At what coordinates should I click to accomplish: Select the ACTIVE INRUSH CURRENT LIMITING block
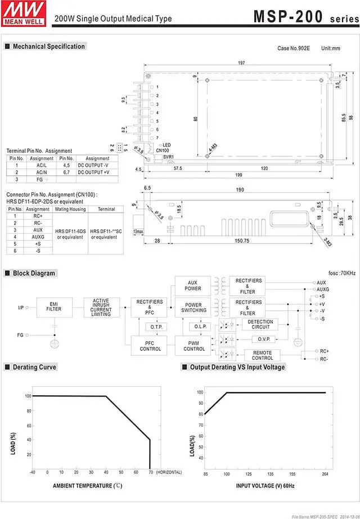point(101,307)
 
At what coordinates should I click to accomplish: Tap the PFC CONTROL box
point(149,345)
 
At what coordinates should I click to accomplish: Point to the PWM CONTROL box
point(194,345)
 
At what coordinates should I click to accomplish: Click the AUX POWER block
point(193,285)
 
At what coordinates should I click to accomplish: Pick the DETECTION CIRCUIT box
point(260,323)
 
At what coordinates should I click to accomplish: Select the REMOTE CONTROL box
point(262,355)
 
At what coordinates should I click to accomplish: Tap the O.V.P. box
point(264,339)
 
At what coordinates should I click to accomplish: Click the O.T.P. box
point(155,326)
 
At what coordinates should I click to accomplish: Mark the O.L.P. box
point(200,326)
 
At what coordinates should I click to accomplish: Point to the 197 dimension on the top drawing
point(241,62)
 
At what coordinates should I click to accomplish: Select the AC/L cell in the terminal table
point(42,165)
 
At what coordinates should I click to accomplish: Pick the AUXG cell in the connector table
point(38,237)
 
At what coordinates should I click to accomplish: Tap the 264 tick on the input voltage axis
point(325,474)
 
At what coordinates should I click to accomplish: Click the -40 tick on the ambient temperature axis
point(32,472)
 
